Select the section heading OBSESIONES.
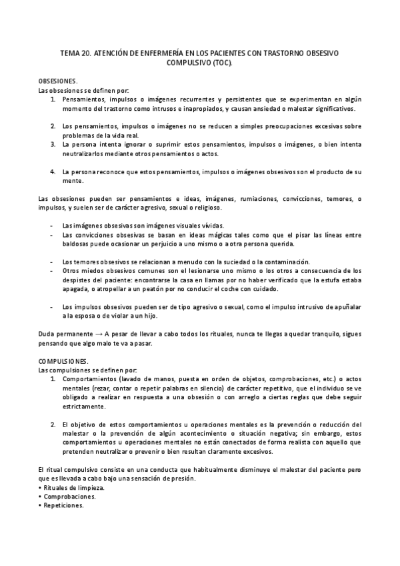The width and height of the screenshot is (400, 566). [x=57, y=80]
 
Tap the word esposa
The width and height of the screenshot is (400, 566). [x=87, y=316]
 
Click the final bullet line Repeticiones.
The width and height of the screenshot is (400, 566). [x=64, y=505]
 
